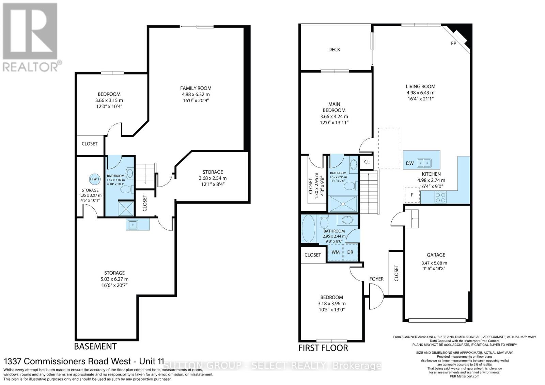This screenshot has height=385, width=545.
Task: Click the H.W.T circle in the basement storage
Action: pos(95,179)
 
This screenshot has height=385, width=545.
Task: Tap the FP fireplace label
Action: pos(453,43)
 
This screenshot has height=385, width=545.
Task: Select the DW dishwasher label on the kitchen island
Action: pos(410,163)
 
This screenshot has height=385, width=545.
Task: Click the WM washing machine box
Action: pos(336,252)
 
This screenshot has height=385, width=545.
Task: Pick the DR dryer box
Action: pos(350,252)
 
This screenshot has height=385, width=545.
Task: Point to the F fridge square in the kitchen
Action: pos(412,195)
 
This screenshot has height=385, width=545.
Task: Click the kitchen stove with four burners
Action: pos(440,197)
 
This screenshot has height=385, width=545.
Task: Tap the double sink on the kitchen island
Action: pos(424,163)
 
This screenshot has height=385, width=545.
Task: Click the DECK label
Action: pos(334,50)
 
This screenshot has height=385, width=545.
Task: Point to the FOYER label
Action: pos(376,279)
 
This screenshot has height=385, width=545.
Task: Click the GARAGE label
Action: pos(436,255)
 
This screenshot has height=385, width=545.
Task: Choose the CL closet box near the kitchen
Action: pos(367,162)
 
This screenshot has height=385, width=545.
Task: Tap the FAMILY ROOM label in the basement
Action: pos(196,88)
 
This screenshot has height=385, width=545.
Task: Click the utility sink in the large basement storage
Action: pos(133,224)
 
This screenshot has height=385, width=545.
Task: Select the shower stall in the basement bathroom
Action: pos(126,209)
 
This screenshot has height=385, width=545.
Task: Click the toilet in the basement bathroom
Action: pos(127,189)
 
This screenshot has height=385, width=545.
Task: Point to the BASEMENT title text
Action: pos(95,346)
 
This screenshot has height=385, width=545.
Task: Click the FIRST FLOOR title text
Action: pos(323,348)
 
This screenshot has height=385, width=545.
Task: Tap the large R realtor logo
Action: pos(30,31)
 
